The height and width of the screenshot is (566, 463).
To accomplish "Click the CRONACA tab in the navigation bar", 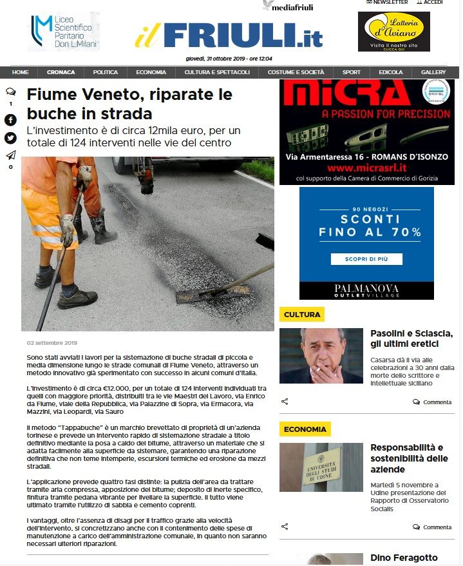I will [61, 72].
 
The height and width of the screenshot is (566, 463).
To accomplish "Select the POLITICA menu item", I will [105, 72].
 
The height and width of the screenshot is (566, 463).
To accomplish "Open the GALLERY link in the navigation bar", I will [433, 72].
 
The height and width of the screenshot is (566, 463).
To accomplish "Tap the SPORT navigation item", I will [351, 72].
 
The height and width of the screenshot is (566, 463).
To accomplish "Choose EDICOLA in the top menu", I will [391, 72].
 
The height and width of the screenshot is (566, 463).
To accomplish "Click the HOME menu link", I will [20, 72].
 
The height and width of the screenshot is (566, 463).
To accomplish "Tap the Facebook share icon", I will [10, 120].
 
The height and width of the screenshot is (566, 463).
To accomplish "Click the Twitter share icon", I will [10, 138].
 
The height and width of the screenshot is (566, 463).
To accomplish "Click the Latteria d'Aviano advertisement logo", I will [393, 32].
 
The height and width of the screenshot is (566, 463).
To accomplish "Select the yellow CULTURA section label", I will [302, 315].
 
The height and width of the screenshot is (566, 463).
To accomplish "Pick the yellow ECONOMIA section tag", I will [305, 429].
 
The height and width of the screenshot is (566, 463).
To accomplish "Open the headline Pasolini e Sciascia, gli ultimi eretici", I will [412, 338].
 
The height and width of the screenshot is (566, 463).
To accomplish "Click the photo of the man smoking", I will [321, 356].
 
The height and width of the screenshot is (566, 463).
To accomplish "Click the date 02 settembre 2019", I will [52, 343].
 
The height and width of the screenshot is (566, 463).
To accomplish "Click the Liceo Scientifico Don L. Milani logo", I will [63, 31].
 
